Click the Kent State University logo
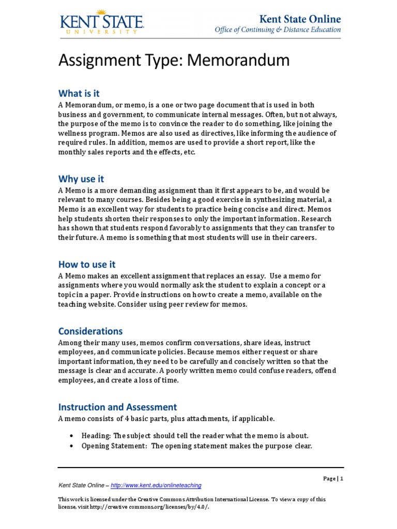[x=101, y=23]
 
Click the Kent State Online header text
[x=300, y=19]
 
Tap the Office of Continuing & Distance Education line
[x=278, y=30]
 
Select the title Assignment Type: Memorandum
[x=174, y=61]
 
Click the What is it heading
[x=79, y=94]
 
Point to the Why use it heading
[x=81, y=179]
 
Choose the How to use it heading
[x=87, y=264]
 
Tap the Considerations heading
[x=90, y=331]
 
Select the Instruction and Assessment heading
[x=117, y=407]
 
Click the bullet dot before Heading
[x=71, y=436]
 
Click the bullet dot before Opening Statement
[x=71, y=446]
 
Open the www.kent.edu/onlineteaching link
[x=156, y=486]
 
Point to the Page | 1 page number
[x=333, y=479]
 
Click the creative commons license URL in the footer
[x=155, y=507]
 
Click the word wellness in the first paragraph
[x=72, y=133]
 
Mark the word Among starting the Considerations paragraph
[x=69, y=343]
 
